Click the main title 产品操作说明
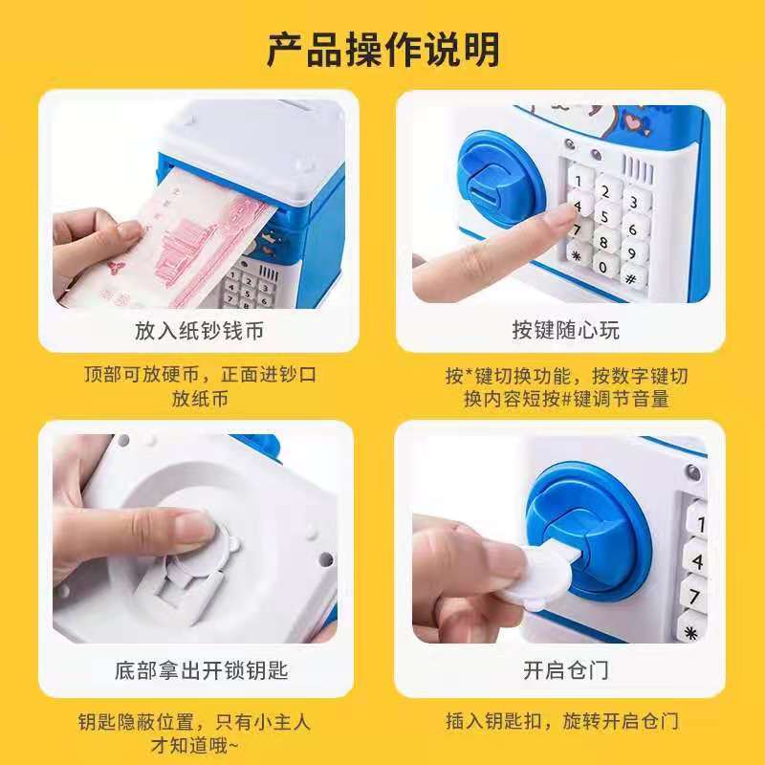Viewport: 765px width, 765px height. [x=383, y=50]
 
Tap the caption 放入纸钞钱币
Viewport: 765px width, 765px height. [x=199, y=331]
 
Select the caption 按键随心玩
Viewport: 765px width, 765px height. [x=565, y=330]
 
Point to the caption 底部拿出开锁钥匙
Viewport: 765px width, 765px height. [x=201, y=670]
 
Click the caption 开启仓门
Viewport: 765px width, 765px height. [x=566, y=670]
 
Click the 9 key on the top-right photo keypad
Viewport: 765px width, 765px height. [x=633, y=252]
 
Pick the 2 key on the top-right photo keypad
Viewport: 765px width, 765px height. [x=605, y=191]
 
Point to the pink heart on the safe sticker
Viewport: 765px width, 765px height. [x=633, y=122]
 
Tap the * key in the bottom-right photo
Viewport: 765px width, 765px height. [x=690, y=632]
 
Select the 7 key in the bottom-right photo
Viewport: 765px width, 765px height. [x=695, y=595]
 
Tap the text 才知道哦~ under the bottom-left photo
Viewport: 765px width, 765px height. [x=195, y=746]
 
